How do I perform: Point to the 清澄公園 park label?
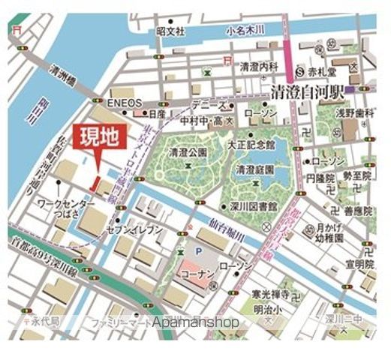click(x=188, y=151)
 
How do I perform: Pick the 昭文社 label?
click(x=170, y=31)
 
